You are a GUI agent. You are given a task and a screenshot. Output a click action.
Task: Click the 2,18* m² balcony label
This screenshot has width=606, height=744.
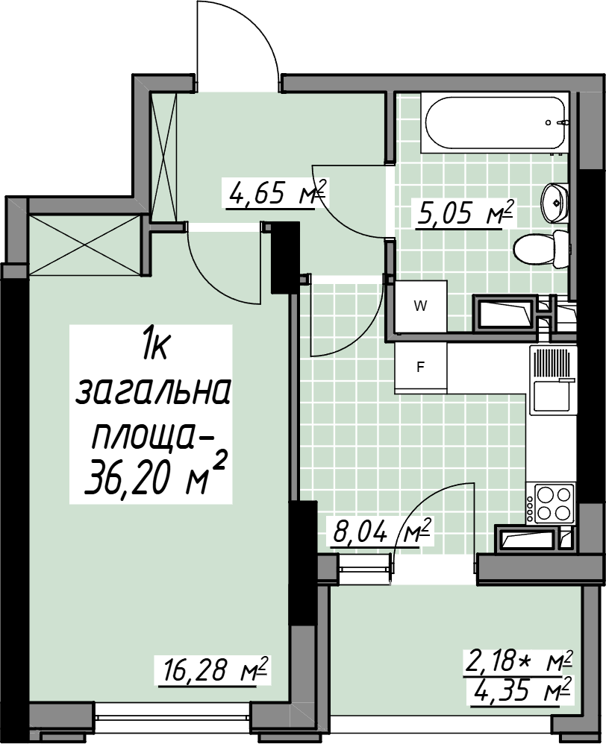[518, 661]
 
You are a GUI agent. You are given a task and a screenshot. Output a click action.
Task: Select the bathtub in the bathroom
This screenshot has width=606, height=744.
[496, 124]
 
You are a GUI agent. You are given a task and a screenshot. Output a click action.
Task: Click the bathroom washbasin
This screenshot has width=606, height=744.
[555, 203]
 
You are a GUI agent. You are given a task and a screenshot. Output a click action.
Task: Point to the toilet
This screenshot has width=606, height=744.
[541, 250]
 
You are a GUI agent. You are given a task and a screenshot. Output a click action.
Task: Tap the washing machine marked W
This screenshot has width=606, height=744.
[421, 306]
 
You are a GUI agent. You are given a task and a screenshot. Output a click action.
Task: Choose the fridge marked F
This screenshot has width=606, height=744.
[421, 368]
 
